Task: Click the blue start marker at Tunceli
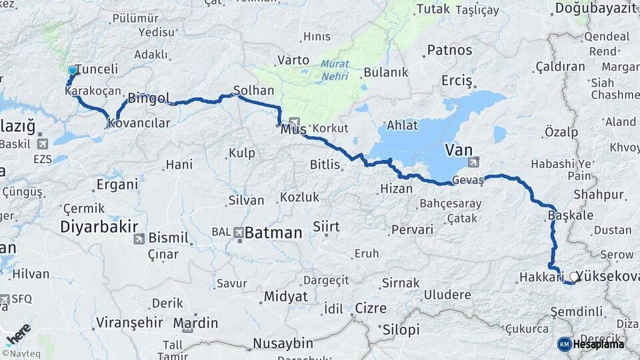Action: click(x=73, y=69)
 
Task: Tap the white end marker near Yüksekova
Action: click(x=573, y=275)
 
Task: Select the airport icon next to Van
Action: click(x=473, y=162)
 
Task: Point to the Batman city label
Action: click(x=273, y=233)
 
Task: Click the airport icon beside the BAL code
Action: click(x=239, y=232)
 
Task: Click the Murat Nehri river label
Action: click(x=334, y=69)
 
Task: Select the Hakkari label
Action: click(x=537, y=276)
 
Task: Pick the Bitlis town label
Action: click(x=325, y=163)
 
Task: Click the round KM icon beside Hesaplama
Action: click(x=565, y=343)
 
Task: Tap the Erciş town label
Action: click(x=457, y=81)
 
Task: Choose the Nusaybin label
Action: click(x=283, y=343)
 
